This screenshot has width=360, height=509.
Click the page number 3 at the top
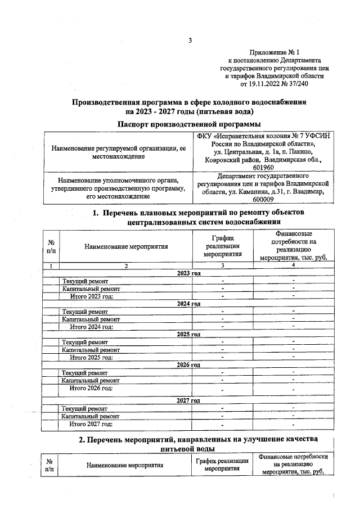(190, 40)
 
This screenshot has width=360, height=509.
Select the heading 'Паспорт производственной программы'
(189, 124)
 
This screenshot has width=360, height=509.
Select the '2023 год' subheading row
(188, 273)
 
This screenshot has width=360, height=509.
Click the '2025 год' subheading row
(188, 334)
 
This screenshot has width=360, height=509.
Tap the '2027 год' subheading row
(188, 400)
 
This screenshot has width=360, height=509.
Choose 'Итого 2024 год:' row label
(91, 326)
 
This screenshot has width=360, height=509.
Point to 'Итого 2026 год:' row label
(91, 388)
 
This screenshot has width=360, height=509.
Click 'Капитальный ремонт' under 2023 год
(91, 288)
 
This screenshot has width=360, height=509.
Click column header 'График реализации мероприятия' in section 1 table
(223, 246)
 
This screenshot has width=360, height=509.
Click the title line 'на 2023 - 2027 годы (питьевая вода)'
(189, 111)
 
